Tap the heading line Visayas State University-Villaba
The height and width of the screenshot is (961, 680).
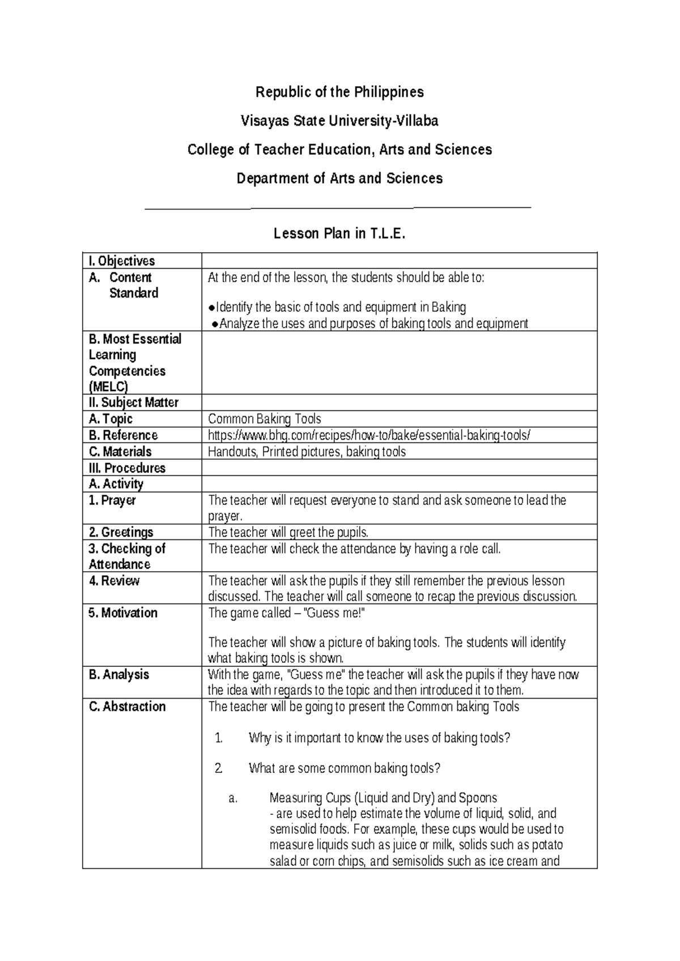[x=339, y=121]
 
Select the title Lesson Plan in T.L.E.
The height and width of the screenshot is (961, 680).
[x=339, y=233]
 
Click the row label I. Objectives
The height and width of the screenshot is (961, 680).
[x=122, y=261]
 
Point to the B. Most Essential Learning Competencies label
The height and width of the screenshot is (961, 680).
[x=135, y=363]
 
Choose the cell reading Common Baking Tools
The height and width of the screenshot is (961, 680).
[x=265, y=419]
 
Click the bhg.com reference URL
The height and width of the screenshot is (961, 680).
[x=369, y=435]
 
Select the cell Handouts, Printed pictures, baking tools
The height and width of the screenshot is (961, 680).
[x=307, y=452]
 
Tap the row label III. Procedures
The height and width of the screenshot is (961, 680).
[x=127, y=468]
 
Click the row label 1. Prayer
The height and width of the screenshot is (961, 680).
[x=112, y=500]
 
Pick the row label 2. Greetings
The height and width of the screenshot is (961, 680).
[x=121, y=532]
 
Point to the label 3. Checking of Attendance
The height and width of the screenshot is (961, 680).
[x=127, y=556]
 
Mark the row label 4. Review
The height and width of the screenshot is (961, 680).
[x=114, y=581]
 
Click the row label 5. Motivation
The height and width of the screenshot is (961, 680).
[x=123, y=613]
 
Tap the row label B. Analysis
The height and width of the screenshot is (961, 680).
[x=119, y=674]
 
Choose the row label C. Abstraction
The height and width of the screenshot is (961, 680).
[x=127, y=707]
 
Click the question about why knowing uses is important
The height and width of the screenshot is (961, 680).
[x=380, y=738]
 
